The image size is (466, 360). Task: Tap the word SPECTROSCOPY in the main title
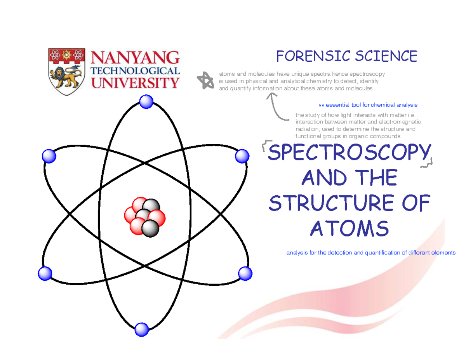click(349, 153)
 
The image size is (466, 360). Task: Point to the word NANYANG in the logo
click(135, 58)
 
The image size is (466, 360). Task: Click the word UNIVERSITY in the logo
click(135, 82)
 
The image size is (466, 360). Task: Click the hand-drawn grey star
click(205, 80)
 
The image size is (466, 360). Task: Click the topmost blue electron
click(146, 102)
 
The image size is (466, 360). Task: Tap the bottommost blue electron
click(141, 330)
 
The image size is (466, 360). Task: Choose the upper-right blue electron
click(242, 156)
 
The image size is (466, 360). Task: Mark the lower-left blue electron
click(45, 273)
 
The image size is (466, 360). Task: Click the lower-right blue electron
click(245, 273)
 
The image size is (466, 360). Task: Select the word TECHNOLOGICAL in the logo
click(135, 71)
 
